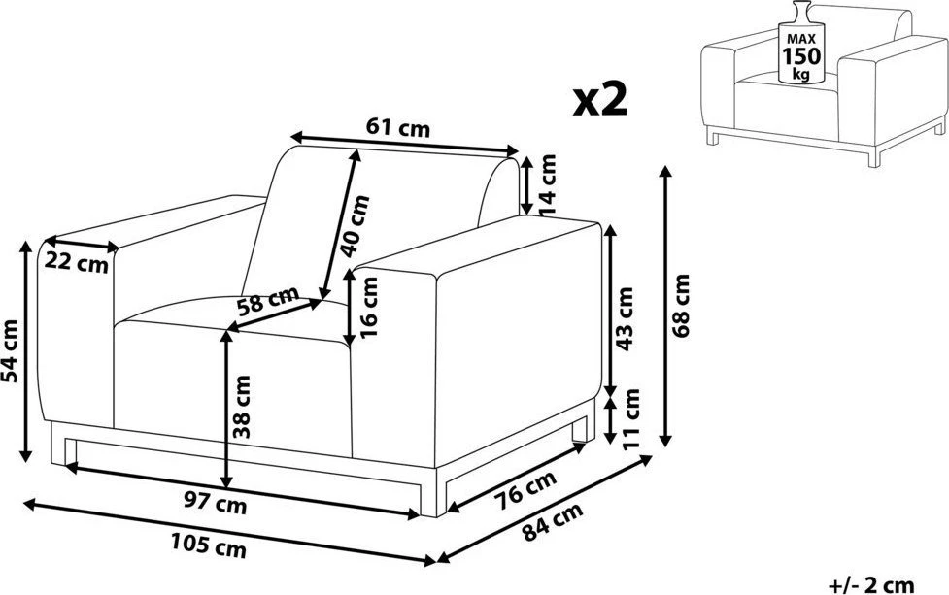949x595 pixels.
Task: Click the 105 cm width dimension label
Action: point(208,546)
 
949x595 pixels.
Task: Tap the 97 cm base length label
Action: point(215,502)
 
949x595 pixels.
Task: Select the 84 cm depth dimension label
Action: point(553,522)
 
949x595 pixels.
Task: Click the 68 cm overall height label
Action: point(681,306)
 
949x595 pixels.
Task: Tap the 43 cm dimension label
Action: point(624,318)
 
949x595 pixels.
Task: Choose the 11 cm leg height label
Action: point(630,418)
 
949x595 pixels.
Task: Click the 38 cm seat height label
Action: point(241,407)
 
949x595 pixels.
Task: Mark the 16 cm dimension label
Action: point(368,307)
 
